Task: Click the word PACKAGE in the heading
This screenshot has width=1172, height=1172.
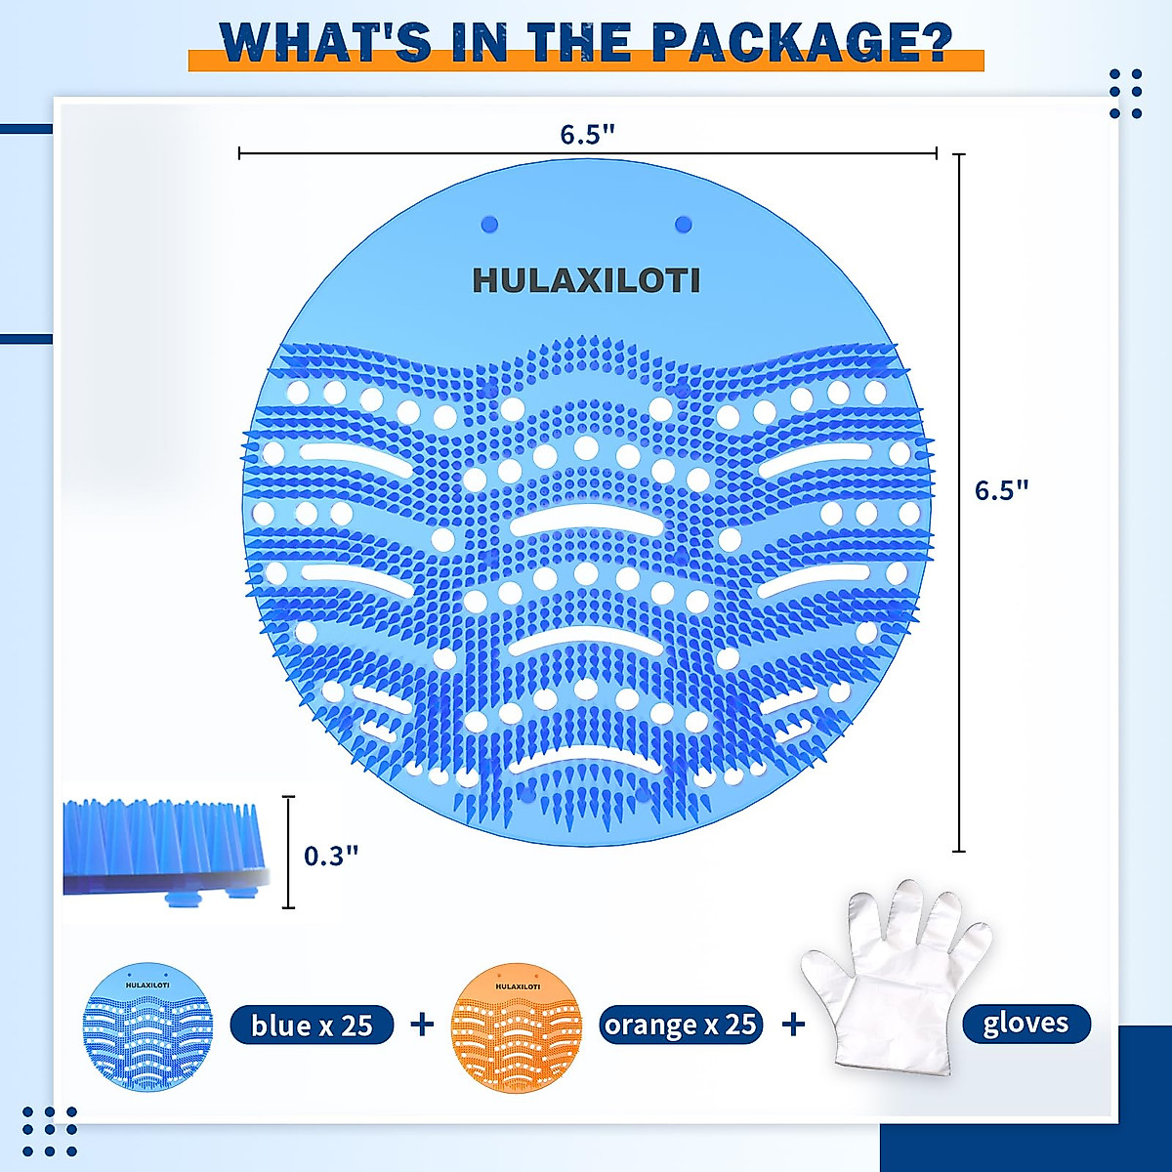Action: click(801, 42)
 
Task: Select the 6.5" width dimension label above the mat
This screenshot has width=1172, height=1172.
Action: click(587, 135)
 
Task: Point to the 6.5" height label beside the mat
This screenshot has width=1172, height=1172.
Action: click(1002, 489)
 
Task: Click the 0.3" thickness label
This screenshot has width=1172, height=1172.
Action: click(331, 856)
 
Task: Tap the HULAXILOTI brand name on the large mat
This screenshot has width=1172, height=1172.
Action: click(586, 281)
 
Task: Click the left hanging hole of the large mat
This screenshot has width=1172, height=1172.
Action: click(490, 225)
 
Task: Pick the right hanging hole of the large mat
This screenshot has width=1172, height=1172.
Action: click(684, 225)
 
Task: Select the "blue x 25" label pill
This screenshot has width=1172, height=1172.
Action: click(313, 1025)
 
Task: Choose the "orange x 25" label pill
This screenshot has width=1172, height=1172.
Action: click(681, 1025)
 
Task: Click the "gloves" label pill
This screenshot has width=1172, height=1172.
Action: click(1025, 1024)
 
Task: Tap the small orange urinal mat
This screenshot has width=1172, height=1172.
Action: click(517, 1028)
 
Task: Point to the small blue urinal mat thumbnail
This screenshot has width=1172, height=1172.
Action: click(147, 1025)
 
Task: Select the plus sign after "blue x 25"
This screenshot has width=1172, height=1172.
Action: click(422, 1024)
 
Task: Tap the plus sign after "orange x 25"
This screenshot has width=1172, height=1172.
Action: click(793, 1024)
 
